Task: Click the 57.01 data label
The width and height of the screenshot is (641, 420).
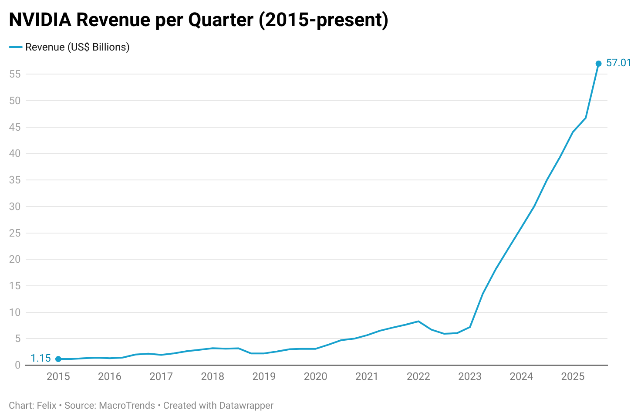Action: tap(618, 63)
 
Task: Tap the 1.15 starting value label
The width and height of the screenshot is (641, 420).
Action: tap(41, 359)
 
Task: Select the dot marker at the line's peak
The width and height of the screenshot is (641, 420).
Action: tap(598, 64)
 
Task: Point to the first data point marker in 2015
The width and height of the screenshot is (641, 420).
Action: tap(58, 359)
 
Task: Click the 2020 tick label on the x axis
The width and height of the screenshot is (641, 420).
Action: tap(315, 376)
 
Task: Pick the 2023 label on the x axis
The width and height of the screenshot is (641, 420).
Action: tap(469, 376)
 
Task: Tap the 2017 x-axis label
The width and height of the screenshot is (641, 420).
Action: tap(161, 376)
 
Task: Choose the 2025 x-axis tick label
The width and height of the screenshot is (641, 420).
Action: tap(573, 376)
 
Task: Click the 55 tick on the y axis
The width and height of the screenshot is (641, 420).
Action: tap(15, 74)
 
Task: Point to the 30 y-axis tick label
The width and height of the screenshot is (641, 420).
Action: tap(15, 207)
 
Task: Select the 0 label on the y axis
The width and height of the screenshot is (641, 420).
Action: tap(17, 366)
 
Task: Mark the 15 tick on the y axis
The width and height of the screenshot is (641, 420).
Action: tap(15, 286)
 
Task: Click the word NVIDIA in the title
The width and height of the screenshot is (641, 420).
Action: tap(40, 20)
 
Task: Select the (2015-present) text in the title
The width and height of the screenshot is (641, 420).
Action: tap(324, 20)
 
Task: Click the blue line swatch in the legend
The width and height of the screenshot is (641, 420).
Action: tap(16, 47)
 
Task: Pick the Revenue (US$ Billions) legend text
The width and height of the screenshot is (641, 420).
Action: tap(78, 47)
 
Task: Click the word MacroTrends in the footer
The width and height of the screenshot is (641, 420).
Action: tap(127, 406)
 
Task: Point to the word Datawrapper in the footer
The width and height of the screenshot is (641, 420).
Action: tap(246, 406)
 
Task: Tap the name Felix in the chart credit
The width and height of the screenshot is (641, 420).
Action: tap(47, 406)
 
